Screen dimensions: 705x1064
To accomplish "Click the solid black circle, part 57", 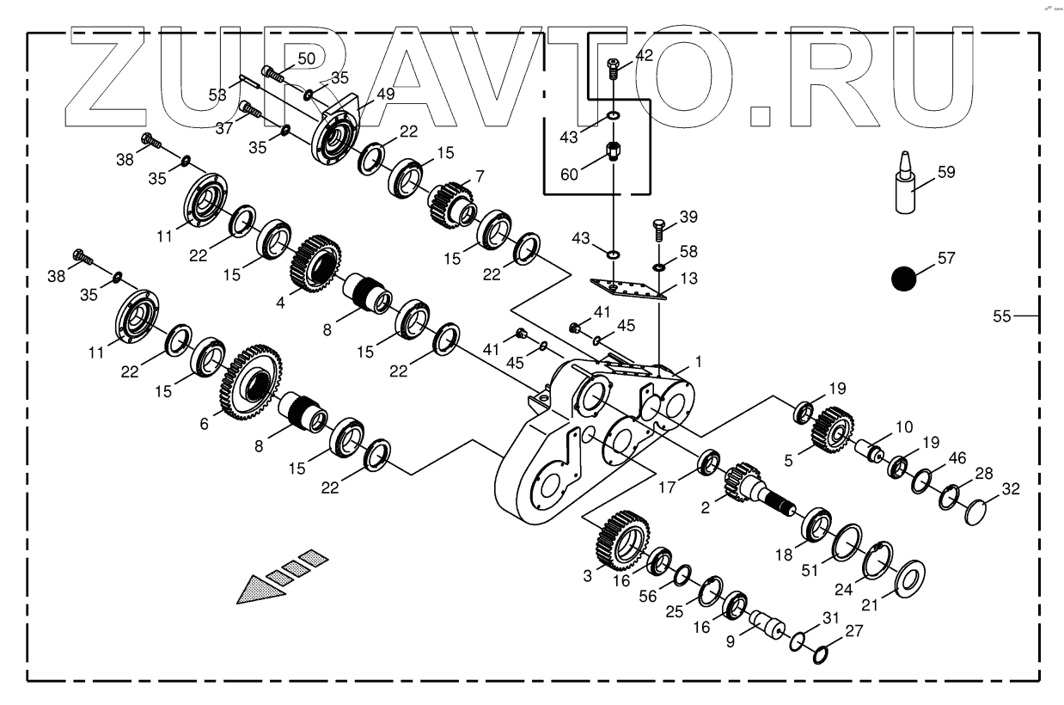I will (904, 279).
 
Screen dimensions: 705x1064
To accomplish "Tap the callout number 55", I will (1001, 316).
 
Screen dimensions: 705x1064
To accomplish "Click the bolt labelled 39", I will (657, 230).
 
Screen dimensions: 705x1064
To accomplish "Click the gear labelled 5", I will (832, 428).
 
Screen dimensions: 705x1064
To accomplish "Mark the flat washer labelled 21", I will (909, 578).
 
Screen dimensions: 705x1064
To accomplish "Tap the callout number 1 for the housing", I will (698, 362).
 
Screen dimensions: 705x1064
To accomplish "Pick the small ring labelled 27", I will (820, 654).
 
